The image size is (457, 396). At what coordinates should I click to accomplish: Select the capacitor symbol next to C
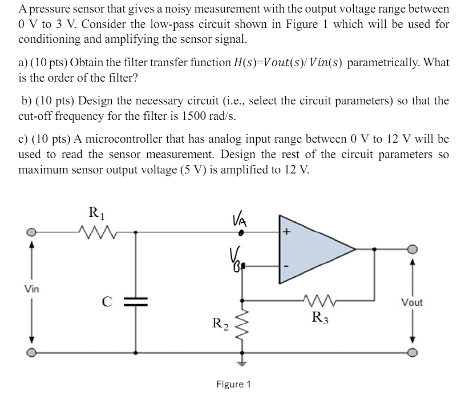click(136, 301)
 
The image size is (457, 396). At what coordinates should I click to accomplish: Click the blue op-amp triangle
click(311, 249)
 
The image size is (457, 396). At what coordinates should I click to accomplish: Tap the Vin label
click(32, 288)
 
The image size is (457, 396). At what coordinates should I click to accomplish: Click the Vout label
click(412, 302)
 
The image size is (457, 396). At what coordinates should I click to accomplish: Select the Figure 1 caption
click(233, 384)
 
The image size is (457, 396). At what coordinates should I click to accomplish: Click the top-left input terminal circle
click(33, 232)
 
